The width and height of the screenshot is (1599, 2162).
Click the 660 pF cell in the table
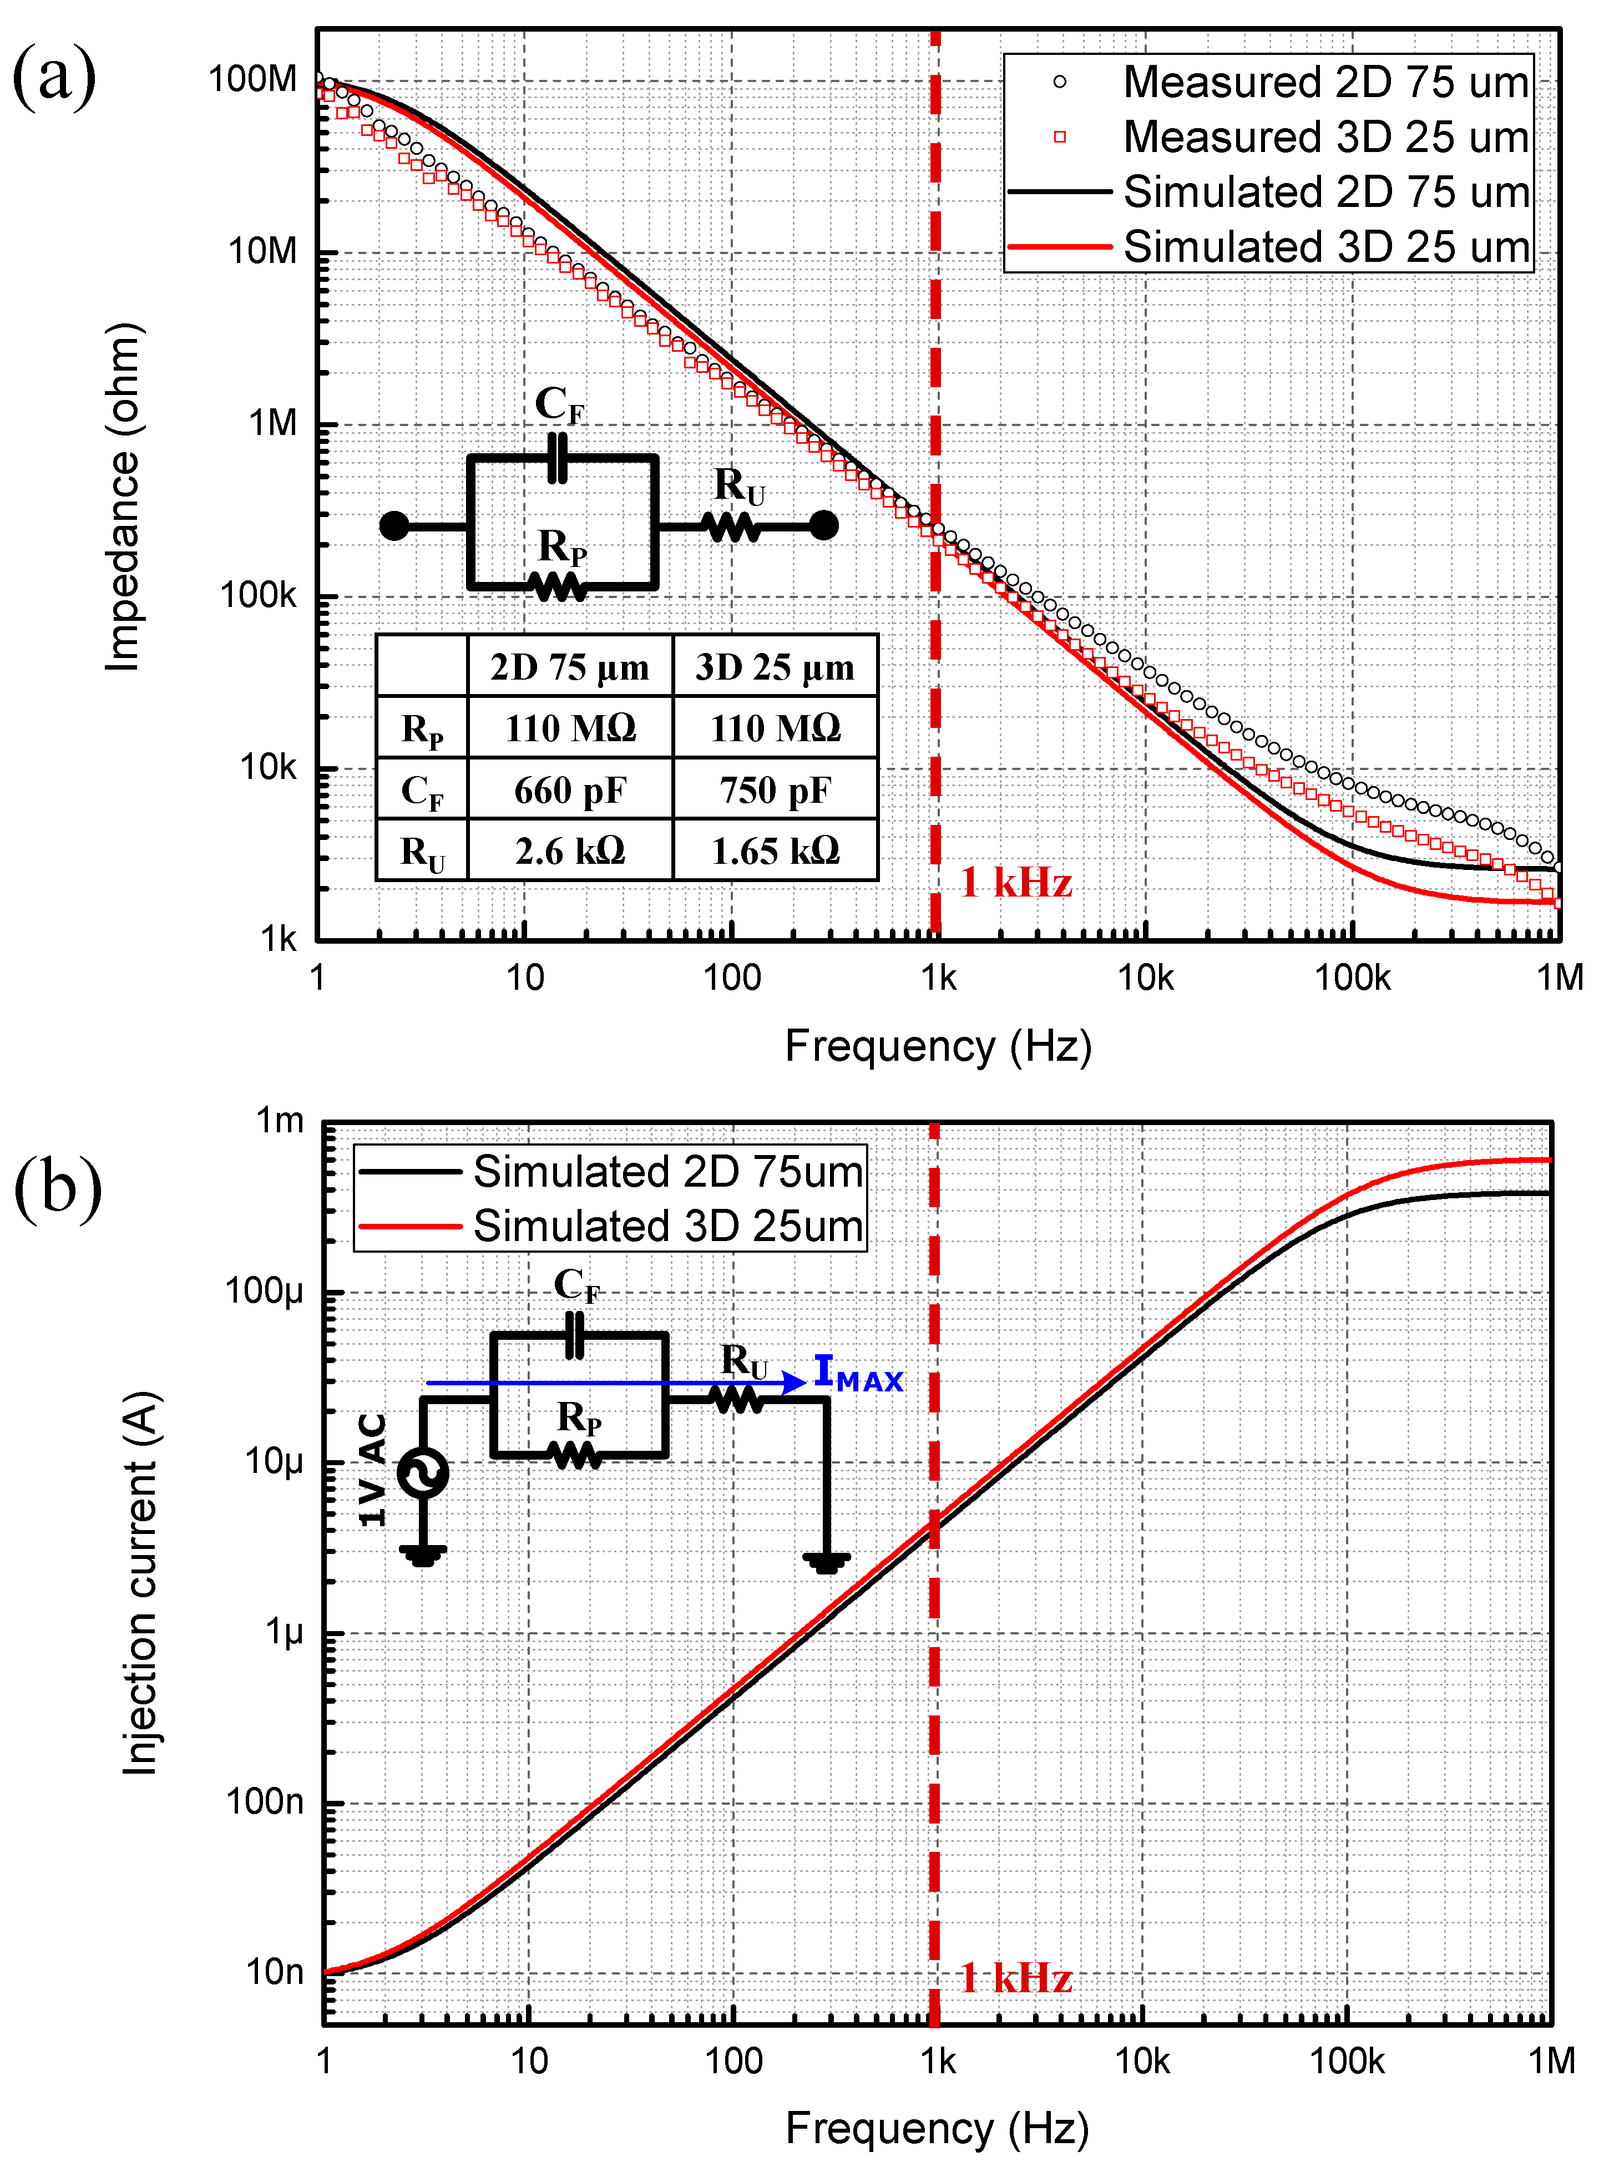pyautogui.click(x=570, y=789)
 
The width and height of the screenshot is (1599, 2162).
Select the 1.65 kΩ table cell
pyautogui.click(x=775, y=850)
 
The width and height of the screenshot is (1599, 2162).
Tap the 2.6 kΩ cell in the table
pyautogui.click(x=570, y=850)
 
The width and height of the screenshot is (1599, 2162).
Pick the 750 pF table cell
pyautogui.click(x=775, y=789)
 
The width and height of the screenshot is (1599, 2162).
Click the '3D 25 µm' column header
pyautogui.click(x=775, y=667)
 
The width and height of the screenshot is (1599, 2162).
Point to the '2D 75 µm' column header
pyautogui.click(x=570, y=667)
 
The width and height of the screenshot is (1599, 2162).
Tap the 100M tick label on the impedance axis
pyautogui.click(x=254, y=79)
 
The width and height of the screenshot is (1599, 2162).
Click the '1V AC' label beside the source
pyautogui.click(x=373, y=1469)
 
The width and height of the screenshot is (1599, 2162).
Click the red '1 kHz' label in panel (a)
pyautogui.click(x=1016, y=883)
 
